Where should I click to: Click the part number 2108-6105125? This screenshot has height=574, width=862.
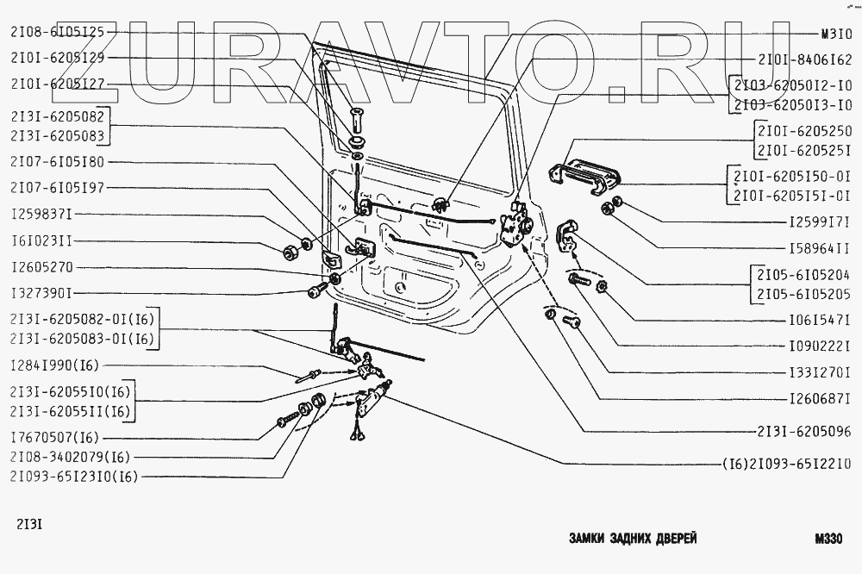(x=57, y=32)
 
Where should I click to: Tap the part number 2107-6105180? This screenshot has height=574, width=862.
(x=57, y=161)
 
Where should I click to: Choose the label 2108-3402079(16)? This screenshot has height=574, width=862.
(x=71, y=456)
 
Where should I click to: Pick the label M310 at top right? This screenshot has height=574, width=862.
(x=834, y=35)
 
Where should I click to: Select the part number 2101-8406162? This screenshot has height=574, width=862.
(x=805, y=61)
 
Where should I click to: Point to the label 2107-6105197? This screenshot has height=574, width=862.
(x=57, y=187)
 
